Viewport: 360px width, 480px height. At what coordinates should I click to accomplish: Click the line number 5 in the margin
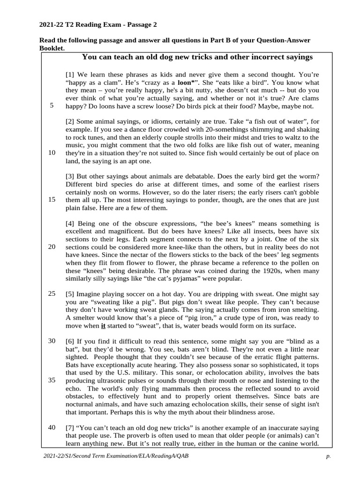click(52, 105)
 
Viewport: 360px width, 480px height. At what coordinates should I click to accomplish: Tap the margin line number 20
click(52, 247)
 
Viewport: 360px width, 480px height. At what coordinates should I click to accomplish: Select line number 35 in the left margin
click(52, 380)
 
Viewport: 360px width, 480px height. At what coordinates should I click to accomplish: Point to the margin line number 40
click(52, 427)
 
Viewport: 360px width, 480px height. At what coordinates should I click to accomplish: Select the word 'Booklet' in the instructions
click(51, 48)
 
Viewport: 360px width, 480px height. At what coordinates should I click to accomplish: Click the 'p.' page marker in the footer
click(329, 456)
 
